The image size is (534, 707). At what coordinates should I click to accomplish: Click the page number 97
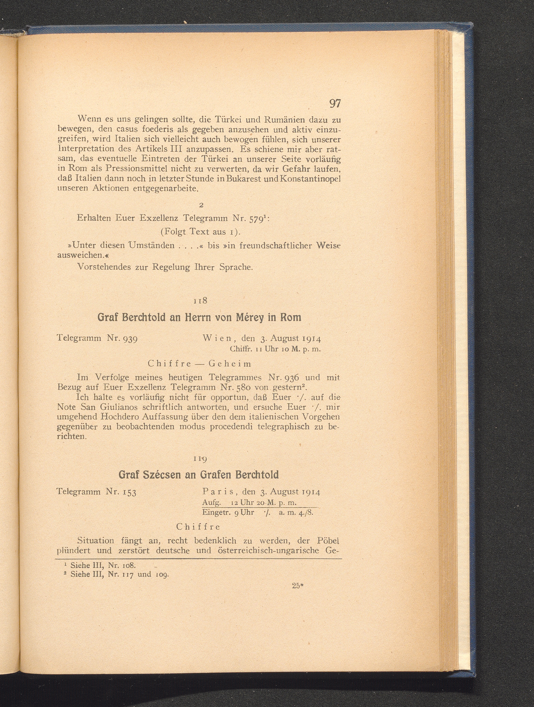click(x=334, y=104)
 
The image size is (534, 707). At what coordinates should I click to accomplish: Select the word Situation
click(x=96, y=541)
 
